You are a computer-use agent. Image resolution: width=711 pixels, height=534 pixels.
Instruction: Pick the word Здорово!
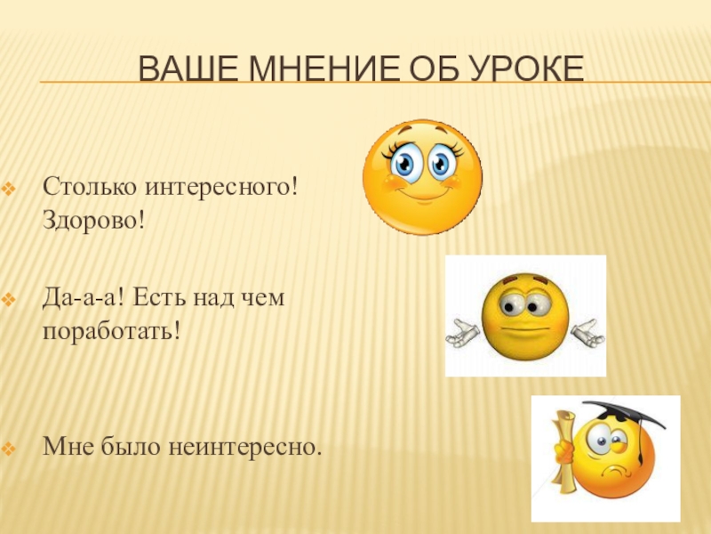(x=93, y=218)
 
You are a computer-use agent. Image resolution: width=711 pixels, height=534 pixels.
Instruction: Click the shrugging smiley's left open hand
(x=461, y=334)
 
